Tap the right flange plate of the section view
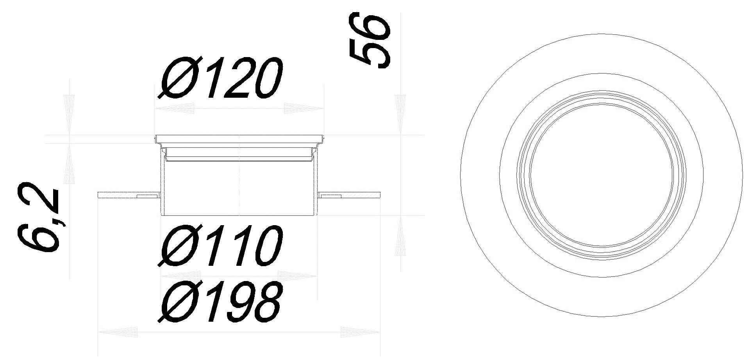pos(350,194)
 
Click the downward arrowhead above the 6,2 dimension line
pos(69,113)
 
